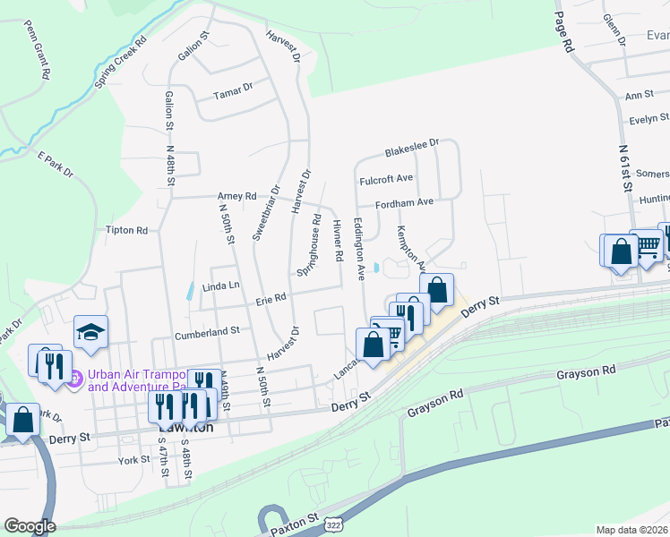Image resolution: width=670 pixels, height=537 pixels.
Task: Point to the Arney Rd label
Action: pos(236,196)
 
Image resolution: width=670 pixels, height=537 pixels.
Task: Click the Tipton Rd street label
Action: pos(126,230)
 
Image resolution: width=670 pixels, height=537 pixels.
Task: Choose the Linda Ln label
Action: pos(221,286)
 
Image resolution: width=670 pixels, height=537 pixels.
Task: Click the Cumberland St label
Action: pos(210,329)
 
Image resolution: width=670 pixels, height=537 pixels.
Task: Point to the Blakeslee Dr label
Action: pos(412,144)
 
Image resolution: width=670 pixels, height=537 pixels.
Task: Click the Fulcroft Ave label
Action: pos(386,180)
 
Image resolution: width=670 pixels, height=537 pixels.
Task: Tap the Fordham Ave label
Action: pos(404,202)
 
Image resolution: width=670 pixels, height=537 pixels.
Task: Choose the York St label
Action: pos(133,460)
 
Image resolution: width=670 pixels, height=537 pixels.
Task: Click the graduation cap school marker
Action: pos(91,332)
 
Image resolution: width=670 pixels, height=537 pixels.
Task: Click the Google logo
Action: pos(30,526)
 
